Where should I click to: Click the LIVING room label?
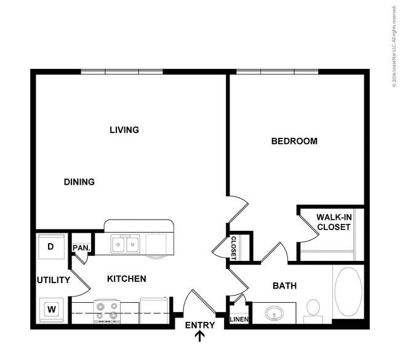point(124,130)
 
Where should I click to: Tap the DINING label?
point(79,182)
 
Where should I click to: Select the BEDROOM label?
point(294,141)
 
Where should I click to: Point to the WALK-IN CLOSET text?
point(334,222)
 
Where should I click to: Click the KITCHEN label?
point(127,279)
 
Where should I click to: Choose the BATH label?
point(285,286)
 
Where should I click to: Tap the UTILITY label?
point(54,280)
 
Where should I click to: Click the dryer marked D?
point(51,247)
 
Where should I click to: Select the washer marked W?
point(52,310)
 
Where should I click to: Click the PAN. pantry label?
point(81,248)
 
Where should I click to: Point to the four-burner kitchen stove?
point(107,311)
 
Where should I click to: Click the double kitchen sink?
point(126,244)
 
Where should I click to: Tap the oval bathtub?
point(348,292)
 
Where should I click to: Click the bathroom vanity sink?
point(274,313)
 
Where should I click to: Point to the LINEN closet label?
point(239,319)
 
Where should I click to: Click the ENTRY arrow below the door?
point(200,336)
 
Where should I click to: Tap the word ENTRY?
point(200,326)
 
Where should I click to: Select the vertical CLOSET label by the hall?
point(234,248)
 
